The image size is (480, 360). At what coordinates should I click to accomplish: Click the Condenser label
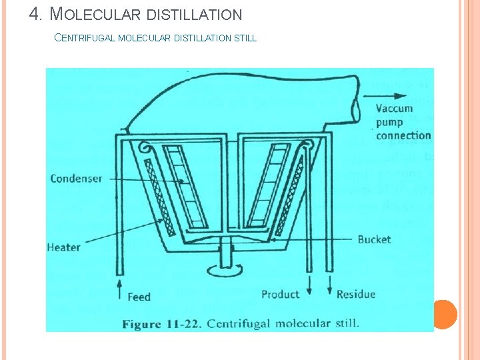pos(76,179)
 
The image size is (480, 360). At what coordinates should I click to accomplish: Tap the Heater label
pos(64,247)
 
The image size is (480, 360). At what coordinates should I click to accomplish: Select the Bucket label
pos(374,239)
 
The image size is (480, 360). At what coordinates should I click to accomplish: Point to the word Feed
pos(139,297)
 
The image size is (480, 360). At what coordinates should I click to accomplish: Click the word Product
pos(280,294)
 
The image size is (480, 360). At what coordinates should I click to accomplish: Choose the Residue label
pos(355,294)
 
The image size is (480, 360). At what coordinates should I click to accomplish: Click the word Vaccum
pos(394,109)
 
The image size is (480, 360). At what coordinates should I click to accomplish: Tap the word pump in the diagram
pos(389,122)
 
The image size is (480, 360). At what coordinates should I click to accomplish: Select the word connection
pos(403,135)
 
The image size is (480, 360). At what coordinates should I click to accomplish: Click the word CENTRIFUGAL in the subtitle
pos(84,38)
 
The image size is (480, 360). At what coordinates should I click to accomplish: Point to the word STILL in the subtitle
pos(245,38)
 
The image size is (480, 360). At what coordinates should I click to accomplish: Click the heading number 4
pos(37,13)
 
